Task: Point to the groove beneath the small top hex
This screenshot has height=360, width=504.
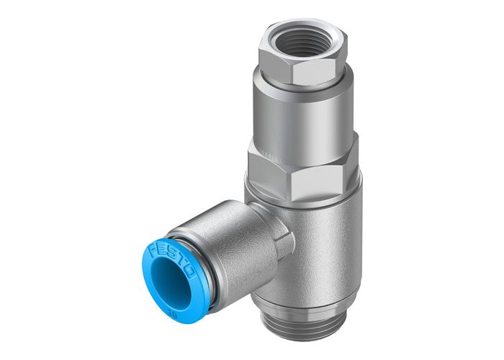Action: pos(302,81)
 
